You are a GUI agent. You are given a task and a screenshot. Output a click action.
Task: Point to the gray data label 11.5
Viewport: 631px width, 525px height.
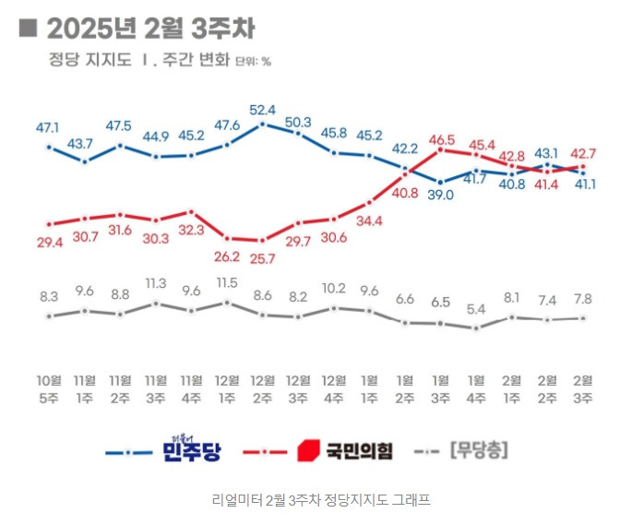point(227,283)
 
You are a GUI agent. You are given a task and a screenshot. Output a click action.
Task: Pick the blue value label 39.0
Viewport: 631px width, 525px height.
point(441,196)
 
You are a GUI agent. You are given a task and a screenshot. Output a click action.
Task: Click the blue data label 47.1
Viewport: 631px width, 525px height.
point(48,127)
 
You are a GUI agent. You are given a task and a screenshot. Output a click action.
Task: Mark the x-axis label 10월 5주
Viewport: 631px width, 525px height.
point(49,388)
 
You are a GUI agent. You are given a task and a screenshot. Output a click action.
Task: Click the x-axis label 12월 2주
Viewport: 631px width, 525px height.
point(262,388)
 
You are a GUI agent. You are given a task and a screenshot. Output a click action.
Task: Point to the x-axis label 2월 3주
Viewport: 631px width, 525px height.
point(582,388)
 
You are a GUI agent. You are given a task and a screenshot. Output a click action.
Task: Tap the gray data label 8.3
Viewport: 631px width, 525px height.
point(49,296)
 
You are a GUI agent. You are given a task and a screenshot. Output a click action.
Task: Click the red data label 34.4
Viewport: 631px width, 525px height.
point(370,221)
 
